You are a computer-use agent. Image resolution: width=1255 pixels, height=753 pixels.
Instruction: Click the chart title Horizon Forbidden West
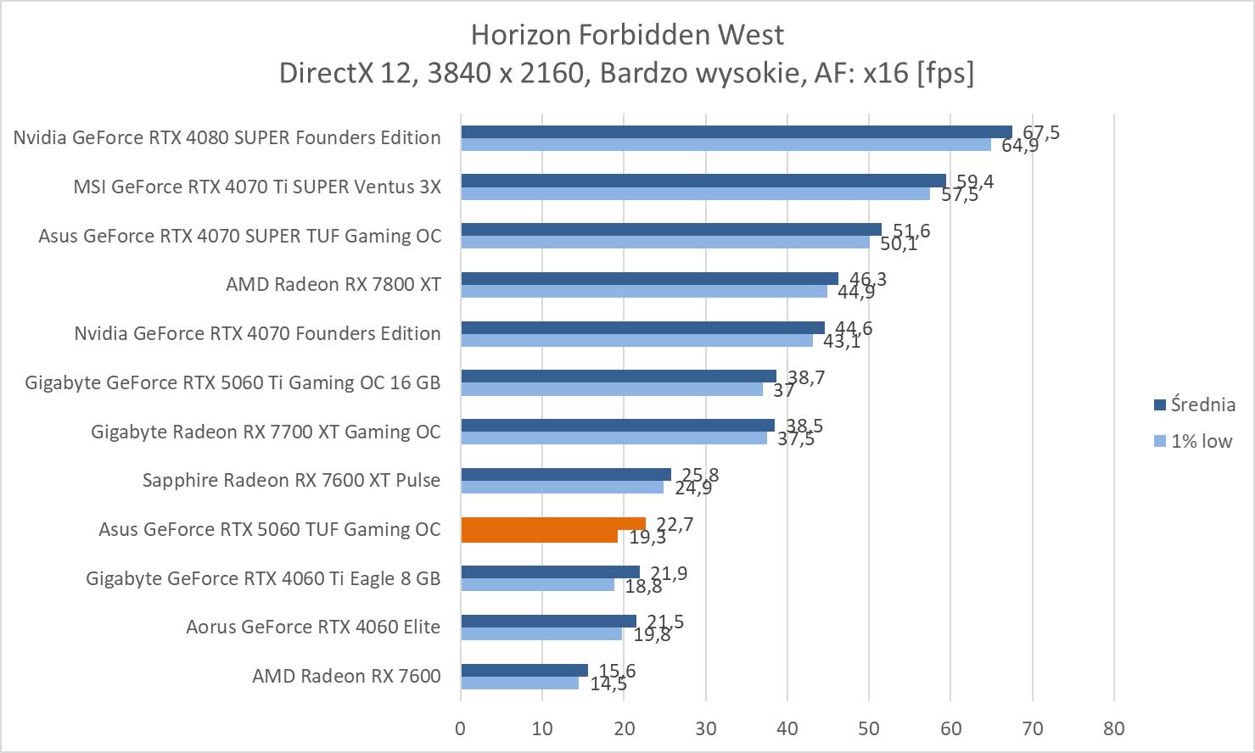click(x=626, y=35)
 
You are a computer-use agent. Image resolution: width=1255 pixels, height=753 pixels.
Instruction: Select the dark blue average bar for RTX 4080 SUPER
click(x=736, y=131)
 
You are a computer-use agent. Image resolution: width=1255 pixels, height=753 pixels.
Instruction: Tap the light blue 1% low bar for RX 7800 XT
click(x=643, y=292)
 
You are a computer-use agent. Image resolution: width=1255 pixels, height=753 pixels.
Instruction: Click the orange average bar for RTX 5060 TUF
click(x=552, y=524)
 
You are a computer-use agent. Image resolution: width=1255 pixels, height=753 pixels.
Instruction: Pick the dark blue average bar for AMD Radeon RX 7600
click(x=524, y=671)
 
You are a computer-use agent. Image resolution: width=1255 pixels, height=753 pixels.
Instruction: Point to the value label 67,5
click(x=1041, y=133)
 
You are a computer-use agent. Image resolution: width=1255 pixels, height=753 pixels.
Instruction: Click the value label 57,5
click(x=960, y=195)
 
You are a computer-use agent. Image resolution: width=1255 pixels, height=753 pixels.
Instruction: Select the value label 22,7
click(x=675, y=525)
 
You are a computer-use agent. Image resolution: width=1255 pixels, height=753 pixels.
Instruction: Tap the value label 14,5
click(x=608, y=683)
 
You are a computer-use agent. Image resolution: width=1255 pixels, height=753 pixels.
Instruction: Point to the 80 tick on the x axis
click(x=1113, y=728)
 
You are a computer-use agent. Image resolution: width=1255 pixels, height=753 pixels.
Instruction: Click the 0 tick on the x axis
click(x=461, y=728)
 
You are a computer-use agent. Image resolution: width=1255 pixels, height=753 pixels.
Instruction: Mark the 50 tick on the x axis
click(x=869, y=728)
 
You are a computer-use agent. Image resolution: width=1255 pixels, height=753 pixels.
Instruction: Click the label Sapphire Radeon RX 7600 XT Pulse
click(x=291, y=481)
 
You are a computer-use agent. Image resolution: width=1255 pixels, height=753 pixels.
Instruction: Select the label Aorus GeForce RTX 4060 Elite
click(x=313, y=627)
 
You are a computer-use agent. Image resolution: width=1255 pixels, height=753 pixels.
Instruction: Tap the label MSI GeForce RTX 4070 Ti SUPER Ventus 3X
click(x=257, y=187)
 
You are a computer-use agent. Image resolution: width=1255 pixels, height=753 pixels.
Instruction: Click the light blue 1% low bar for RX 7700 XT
click(x=613, y=438)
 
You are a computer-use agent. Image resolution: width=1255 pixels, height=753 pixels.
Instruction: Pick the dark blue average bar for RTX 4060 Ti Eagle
click(x=550, y=572)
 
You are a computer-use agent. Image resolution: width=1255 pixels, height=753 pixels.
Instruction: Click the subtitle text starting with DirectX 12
click(x=626, y=74)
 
